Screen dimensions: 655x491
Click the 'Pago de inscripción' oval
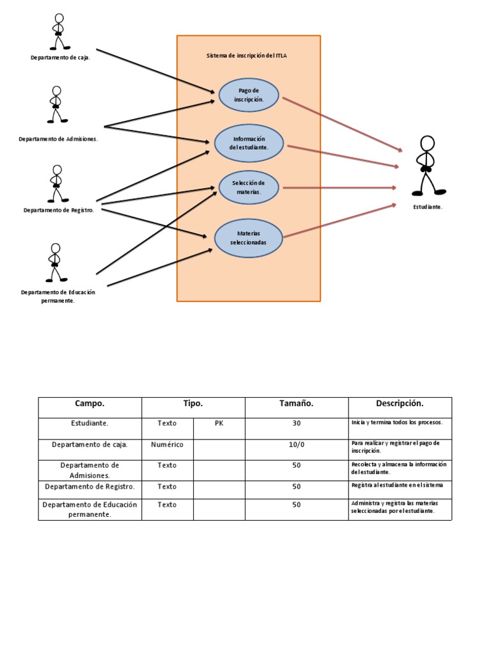[249, 95]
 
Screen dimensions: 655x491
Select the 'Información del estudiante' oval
[249, 143]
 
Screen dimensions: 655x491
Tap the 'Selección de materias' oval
[248, 187]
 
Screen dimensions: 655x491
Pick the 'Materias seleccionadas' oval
[248, 239]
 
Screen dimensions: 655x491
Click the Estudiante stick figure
[427, 166]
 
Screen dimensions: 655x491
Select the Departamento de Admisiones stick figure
[57, 104]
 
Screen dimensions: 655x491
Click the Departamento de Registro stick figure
[57, 184]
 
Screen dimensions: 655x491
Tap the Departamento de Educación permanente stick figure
[56, 262]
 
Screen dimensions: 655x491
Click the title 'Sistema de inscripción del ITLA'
[247, 56]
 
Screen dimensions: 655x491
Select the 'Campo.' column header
[90, 404]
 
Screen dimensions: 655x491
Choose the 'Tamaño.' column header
[296, 404]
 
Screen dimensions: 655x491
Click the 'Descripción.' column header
[400, 404]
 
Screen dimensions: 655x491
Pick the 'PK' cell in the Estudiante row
[219, 423]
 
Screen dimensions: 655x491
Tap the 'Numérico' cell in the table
[167, 444]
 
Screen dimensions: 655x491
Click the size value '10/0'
[296, 444]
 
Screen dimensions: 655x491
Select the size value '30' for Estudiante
[296, 423]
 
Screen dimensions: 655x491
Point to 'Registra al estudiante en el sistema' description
[397, 485]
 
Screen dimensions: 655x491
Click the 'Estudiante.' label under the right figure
[427, 207]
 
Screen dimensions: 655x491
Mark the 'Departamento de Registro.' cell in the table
[90, 487]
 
